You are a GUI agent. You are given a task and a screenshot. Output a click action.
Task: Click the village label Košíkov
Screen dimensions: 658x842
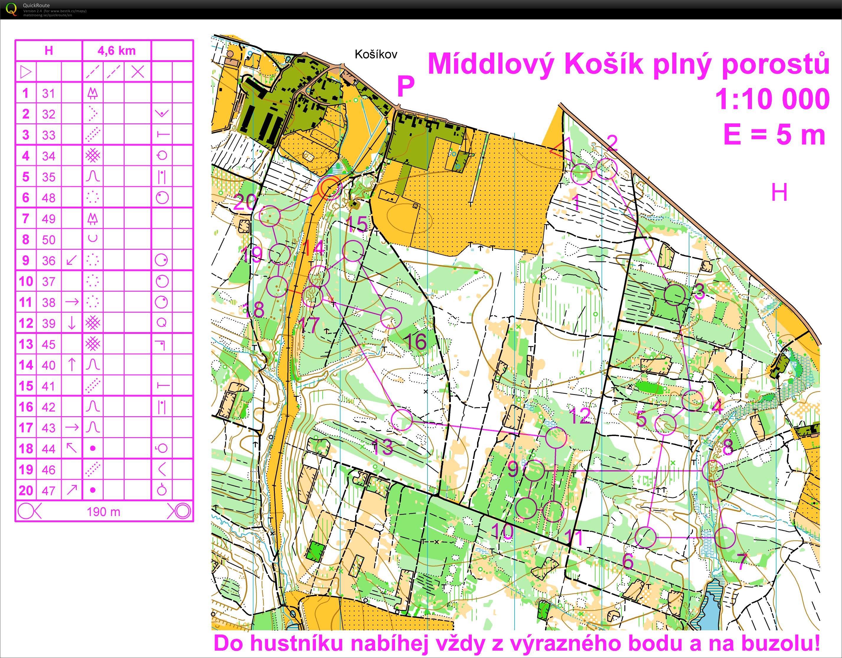click(x=376, y=54)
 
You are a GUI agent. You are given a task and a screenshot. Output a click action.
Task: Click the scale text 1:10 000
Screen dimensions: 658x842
click(x=772, y=99)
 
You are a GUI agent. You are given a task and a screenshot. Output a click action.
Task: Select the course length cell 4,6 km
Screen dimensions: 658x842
click(x=116, y=50)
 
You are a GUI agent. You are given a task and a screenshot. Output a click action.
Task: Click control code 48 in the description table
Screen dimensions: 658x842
click(x=49, y=198)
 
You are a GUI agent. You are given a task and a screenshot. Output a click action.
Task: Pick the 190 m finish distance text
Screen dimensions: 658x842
click(x=103, y=512)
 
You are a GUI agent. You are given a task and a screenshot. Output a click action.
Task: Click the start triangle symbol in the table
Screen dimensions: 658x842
click(x=26, y=72)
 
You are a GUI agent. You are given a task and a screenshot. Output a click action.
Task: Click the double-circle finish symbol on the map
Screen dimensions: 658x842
click(x=330, y=188)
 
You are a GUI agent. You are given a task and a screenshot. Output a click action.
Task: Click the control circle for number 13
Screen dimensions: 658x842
click(x=402, y=419)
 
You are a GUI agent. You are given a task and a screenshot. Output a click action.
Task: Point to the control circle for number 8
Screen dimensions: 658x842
click(x=712, y=471)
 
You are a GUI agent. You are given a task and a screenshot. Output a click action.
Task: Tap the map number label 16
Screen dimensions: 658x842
click(x=416, y=342)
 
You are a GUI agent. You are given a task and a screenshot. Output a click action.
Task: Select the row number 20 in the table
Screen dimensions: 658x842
click(x=26, y=490)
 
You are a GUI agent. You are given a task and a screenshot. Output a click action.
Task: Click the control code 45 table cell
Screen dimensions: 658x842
click(x=49, y=344)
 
